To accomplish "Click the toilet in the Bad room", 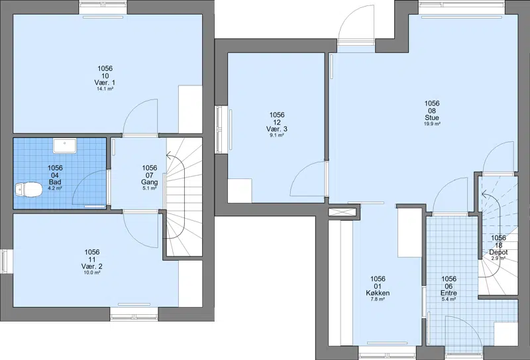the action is [x=28, y=190].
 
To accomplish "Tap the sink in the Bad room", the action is [x=65, y=145].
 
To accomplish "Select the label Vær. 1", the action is [x=105, y=83].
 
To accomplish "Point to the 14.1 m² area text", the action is [x=105, y=89].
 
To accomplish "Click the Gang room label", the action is [x=150, y=182].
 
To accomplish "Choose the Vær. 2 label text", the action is [x=92, y=267].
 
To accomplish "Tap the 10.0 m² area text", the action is [x=92, y=272].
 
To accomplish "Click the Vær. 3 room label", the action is [x=277, y=129].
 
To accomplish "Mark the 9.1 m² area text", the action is [x=277, y=135].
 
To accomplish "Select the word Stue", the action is [x=432, y=118].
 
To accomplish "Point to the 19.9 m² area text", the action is [x=432, y=124].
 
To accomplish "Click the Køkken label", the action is [x=378, y=293].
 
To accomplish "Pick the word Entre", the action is [x=449, y=293].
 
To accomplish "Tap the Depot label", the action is [x=498, y=253].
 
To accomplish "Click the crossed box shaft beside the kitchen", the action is [x=343, y=212].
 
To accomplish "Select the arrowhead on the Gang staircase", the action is [x=169, y=156].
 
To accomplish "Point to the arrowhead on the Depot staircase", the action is [x=484, y=194].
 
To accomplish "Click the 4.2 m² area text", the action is [x=55, y=188].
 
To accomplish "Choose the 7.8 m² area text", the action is [x=378, y=300].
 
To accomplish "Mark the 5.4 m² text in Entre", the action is [x=449, y=300].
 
